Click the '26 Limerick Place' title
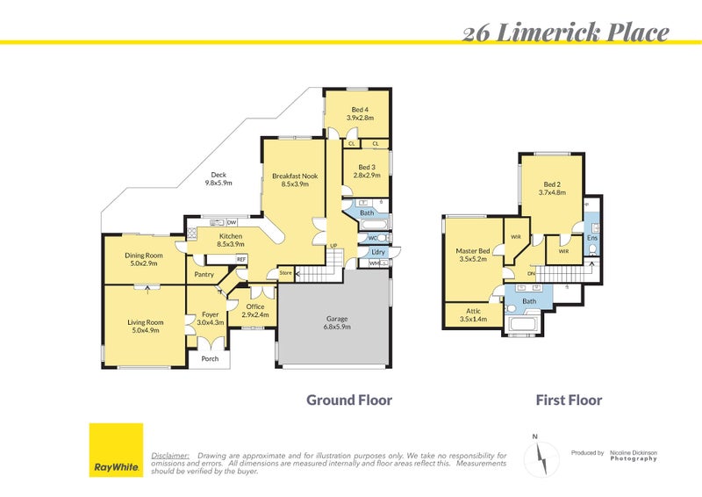pyautogui.click(x=565, y=33)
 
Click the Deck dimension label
pyautogui.click(x=218, y=179)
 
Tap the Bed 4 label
pyautogui.click(x=360, y=113)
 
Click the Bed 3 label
pyautogui.click(x=367, y=171)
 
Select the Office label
pyautogui.click(x=255, y=310)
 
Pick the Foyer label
pyautogui.click(x=210, y=318)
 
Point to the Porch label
pyautogui.click(x=210, y=358)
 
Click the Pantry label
pyautogui.click(x=204, y=274)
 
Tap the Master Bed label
pyautogui.click(x=472, y=256)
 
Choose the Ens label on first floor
pyautogui.click(x=592, y=237)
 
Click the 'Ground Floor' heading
pyautogui.click(x=348, y=400)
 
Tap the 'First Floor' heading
pyautogui.click(x=569, y=400)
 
